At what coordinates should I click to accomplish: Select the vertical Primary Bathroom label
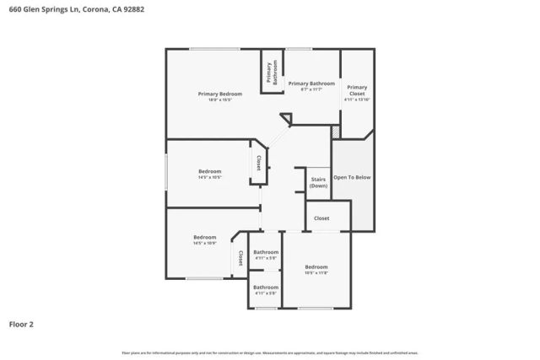click(273, 73)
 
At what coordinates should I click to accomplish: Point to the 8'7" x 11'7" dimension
click(311, 90)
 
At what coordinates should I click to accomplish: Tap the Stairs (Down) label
click(318, 182)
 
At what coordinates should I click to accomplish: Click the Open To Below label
click(352, 178)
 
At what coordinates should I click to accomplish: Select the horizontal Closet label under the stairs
click(321, 218)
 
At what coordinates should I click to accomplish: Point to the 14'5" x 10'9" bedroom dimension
click(205, 244)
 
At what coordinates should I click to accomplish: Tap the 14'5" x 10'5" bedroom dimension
click(209, 178)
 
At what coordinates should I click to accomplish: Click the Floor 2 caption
click(22, 324)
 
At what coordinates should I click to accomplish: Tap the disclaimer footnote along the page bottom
click(270, 352)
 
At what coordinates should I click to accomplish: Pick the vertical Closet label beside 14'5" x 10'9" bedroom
click(240, 257)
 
